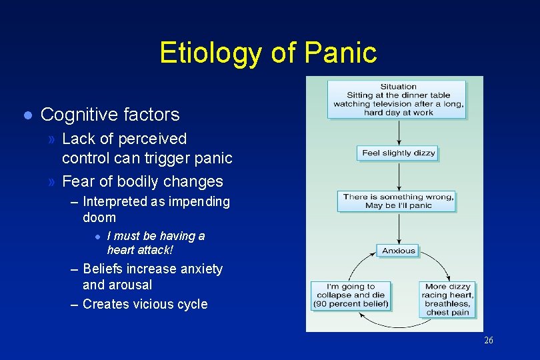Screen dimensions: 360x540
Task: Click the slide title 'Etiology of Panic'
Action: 268,53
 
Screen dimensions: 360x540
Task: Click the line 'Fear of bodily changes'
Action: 142,181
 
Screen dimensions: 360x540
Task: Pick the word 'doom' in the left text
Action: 99,218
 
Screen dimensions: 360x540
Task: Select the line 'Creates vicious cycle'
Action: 145,305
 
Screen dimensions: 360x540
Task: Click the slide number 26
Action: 489,341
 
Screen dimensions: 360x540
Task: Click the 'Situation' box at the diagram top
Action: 398,100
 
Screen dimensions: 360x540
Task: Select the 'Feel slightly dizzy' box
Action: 398,153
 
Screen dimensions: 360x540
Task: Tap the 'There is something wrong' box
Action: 398,201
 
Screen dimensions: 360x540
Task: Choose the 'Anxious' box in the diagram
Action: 398,251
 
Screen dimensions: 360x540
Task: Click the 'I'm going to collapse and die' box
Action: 351,295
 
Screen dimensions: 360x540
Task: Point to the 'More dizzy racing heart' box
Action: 448,299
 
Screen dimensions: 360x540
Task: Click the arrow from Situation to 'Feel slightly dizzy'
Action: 398,132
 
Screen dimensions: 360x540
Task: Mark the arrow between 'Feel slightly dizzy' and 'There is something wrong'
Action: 398,176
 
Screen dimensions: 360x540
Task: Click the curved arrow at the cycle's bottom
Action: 399,326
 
